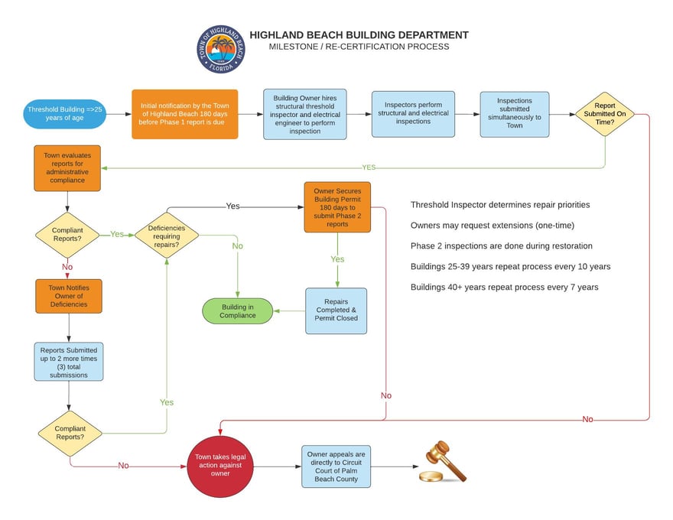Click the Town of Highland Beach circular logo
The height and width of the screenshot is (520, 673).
click(x=221, y=49)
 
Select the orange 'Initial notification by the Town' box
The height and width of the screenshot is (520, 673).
click(x=184, y=115)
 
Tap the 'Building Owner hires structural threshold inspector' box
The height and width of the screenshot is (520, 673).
click(x=304, y=114)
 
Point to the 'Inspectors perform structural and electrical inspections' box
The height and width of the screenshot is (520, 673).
click(x=413, y=115)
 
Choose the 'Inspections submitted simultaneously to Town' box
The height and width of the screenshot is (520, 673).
click(x=514, y=115)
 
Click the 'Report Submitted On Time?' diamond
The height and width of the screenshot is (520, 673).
click(x=605, y=114)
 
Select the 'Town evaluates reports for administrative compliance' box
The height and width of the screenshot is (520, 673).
click(x=67, y=167)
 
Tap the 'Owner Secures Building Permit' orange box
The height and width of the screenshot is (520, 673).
click(x=337, y=206)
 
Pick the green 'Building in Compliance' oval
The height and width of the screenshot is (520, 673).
click(x=238, y=310)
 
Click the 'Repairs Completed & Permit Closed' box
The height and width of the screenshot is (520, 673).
click(x=336, y=310)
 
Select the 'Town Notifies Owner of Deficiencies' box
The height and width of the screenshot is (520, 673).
click(x=68, y=296)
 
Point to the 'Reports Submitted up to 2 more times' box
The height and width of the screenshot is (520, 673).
click(x=69, y=362)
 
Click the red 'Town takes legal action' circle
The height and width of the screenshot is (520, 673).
click(x=220, y=466)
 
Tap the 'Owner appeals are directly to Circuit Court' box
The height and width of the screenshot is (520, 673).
click(x=336, y=466)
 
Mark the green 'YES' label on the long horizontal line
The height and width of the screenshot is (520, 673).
click(x=369, y=167)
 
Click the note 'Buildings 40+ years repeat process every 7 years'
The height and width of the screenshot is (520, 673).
click(x=504, y=288)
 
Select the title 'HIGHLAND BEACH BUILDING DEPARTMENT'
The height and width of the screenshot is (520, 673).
click(x=359, y=35)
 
